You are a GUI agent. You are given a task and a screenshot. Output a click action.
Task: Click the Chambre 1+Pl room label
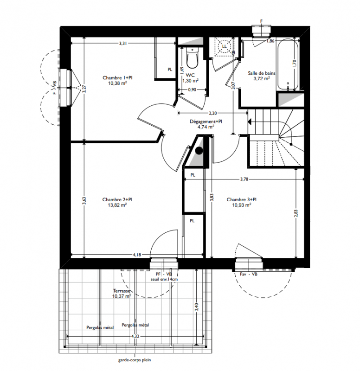tap(117, 77)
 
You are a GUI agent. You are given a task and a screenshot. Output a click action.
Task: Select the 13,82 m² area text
tap(117, 205)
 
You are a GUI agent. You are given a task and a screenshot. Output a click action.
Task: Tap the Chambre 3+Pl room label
tap(241, 199)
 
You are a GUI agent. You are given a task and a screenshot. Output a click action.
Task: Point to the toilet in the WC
tap(192, 58)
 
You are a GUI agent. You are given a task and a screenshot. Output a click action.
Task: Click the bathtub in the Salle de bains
tap(288, 64)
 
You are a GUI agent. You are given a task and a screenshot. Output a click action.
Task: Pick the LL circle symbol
tap(224, 46)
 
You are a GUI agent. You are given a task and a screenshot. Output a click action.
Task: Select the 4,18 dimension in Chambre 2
tap(137, 255)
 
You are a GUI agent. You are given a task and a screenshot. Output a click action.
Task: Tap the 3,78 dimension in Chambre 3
tap(244, 179)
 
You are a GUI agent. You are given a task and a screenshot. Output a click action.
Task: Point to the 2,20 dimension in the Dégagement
tap(213, 113)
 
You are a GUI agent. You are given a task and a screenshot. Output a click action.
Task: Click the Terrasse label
tap(122, 291)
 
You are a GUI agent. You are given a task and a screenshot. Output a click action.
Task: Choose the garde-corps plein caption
tap(135, 360)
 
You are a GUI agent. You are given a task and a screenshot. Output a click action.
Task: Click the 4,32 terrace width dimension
tap(135, 336)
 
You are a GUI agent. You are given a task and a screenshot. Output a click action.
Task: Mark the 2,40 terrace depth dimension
tap(197, 307)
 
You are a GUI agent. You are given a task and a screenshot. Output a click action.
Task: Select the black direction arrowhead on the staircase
tap(249, 122)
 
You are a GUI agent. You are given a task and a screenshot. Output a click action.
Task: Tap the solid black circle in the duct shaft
tap(199, 150)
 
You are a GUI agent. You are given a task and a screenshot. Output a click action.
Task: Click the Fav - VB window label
tap(249, 274)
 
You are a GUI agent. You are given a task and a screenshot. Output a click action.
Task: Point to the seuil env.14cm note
tap(164, 279)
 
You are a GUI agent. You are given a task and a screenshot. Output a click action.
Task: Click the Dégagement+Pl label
tap(206, 122)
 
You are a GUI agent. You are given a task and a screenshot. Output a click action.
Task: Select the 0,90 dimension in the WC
tap(192, 90)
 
